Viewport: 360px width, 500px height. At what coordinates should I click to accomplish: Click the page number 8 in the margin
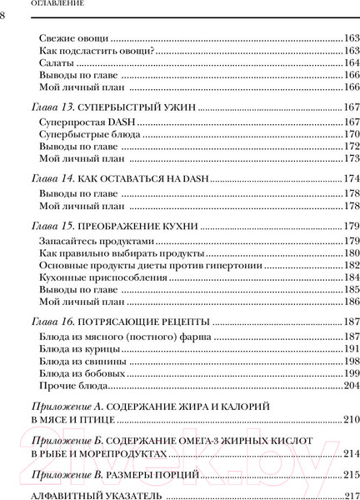click(3, 19)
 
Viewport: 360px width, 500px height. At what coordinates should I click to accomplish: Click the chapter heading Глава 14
click(53, 178)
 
